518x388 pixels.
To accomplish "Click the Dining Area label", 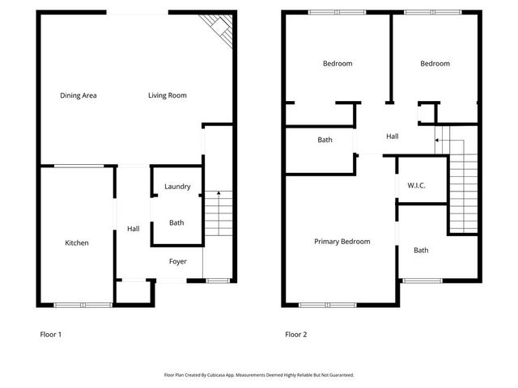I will pyautogui.click(x=79, y=95).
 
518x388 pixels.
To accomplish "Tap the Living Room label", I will pyautogui.click(x=168, y=95).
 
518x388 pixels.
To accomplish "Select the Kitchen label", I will pyautogui.click(x=77, y=243).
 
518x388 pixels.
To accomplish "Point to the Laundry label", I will pyautogui.click(x=177, y=187).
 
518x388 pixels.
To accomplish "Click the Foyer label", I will pyautogui.click(x=178, y=262).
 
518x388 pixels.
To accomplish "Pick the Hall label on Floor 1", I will pyautogui.click(x=134, y=230).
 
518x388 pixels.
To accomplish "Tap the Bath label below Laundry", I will pyautogui.click(x=176, y=223).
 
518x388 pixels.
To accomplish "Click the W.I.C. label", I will pyautogui.click(x=416, y=186).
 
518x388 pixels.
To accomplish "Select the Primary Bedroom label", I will pyautogui.click(x=342, y=242).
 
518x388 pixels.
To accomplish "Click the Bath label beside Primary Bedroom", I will pyautogui.click(x=421, y=251).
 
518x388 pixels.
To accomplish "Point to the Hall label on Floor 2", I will pyautogui.click(x=393, y=137).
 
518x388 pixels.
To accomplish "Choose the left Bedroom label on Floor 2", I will pyautogui.click(x=338, y=64).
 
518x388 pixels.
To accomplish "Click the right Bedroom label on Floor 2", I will pyautogui.click(x=435, y=64).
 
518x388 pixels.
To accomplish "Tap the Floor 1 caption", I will pyautogui.click(x=51, y=334).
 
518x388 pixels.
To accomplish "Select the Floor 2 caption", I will pyautogui.click(x=295, y=334).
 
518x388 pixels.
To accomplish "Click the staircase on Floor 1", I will pyautogui.click(x=218, y=213).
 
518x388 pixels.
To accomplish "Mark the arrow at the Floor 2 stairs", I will pyautogui.click(x=438, y=141).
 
